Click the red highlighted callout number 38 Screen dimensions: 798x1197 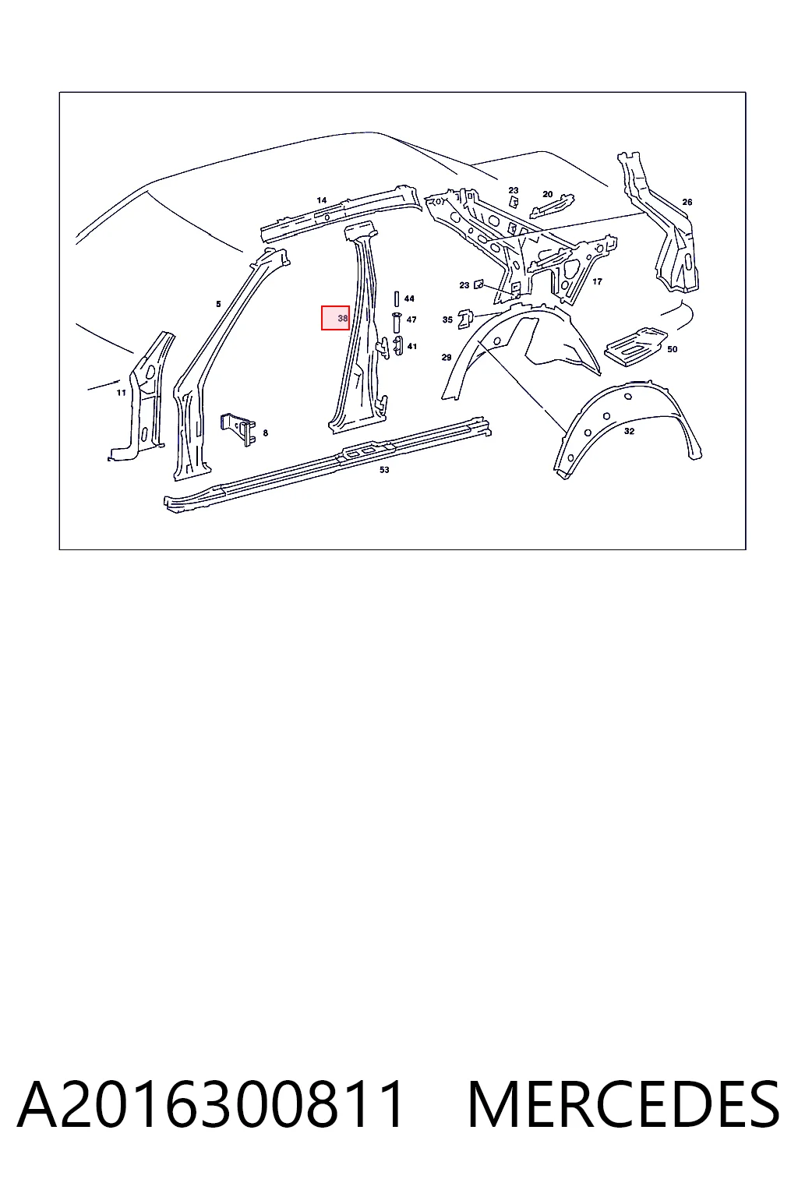343,318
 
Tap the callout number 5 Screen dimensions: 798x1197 218,304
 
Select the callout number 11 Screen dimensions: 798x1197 122,393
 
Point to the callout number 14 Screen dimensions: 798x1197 321,200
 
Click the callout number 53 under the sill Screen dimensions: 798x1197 384,470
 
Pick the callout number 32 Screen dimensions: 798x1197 629,431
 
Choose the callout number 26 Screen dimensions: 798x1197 687,202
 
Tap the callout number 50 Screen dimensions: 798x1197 672,349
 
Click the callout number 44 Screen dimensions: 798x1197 409,298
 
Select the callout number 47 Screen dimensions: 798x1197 411,320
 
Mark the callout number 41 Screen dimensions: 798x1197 411,346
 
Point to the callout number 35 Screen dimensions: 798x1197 447,320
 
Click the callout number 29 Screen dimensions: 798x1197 447,358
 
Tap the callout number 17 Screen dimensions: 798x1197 597,281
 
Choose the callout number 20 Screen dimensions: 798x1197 547,195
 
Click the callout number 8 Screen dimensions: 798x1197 265,433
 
